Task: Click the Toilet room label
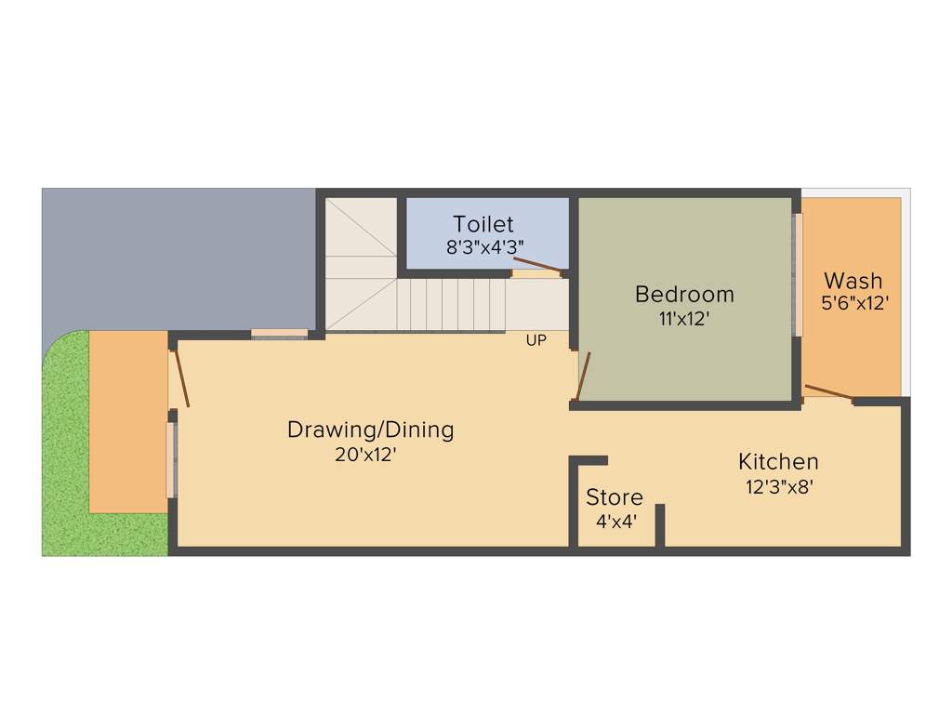tap(483, 224)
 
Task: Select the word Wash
tap(853, 280)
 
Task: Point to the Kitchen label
tap(778, 461)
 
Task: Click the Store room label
tap(614, 497)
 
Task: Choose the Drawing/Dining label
tap(370, 430)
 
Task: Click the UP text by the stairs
tap(535, 341)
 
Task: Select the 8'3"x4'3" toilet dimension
tap(483, 248)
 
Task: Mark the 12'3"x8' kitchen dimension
tap(779, 486)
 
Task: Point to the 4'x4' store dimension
tap(615, 522)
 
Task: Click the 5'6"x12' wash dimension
tap(853, 303)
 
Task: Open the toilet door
tap(538, 267)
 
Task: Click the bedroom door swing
tap(583, 376)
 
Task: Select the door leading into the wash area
tap(828, 392)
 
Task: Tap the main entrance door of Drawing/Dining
tap(181, 377)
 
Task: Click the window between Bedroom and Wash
tap(797, 275)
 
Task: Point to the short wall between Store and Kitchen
tap(659, 525)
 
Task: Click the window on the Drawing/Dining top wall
tap(279, 334)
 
